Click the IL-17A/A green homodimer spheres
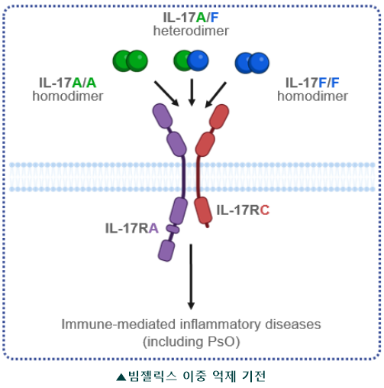pyautogui.click(x=131, y=60)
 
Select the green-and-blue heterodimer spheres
pyautogui.click(x=191, y=60)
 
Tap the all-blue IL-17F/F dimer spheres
pyautogui.click(x=252, y=63)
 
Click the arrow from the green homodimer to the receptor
pyautogui.click(x=166, y=93)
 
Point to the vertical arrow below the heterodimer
pyautogui.click(x=192, y=93)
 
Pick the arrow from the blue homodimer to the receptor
pyautogui.click(x=215, y=95)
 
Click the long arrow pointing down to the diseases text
pyautogui.click(x=191, y=277)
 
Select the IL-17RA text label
pyautogui.click(x=132, y=228)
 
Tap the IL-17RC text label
pyautogui.click(x=243, y=210)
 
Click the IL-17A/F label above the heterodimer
pyautogui.click(x=191, y=18)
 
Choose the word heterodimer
pyautogui.click(x=191, y=31)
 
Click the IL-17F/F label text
pyautogui.click(x=312, y=83)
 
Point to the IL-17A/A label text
pyautogui.click(x=67, y=83)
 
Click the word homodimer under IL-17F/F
pyautogui.click(x=312, y=96)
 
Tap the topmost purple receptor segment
pyautogui.click(x=163, y=116)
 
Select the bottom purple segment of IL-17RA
pyautogui.click(x=166, y=250)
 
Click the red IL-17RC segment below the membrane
pyautogui.click(x=203, y=210)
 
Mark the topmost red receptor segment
pyautogui.click(x=219, y=116)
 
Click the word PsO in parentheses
pyautogui.click(x=220, y=341)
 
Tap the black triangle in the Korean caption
pyautogui.click(x=121, y=377)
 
